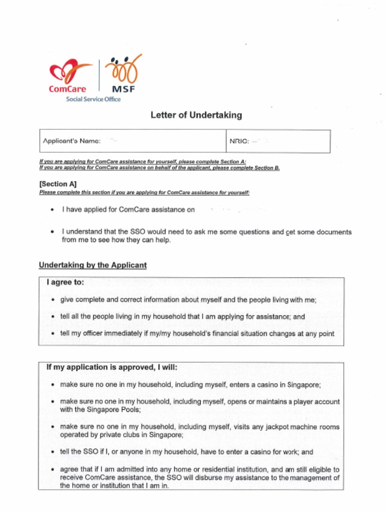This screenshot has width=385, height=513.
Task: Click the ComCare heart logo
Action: [x=69, y=71]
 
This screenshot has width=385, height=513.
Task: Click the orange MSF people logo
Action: [x=123, y=69]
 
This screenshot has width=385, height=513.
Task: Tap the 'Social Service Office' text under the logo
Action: [x=93, y=99]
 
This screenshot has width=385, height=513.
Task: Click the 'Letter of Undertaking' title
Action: [x=196, y=115]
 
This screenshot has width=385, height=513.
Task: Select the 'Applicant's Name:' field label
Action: [x=72, y=141]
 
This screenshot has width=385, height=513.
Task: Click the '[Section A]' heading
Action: [x=58, y=184]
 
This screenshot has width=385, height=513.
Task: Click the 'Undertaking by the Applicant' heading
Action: [x=93, y=265]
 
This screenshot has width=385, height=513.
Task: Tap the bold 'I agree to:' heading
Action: [x=65, y=283]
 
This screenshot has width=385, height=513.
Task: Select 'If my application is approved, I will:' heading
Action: [x=112, y=367]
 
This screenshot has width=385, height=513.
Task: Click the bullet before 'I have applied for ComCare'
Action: [x=53, y=210]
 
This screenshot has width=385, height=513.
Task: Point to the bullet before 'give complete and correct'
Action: [x=53, y=300]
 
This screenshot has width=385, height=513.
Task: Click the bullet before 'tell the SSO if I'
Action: [x=53, y=452]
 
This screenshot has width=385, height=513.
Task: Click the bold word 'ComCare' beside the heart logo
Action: [x=68, y=89]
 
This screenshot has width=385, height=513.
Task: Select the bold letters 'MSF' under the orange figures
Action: [x=123, y=90]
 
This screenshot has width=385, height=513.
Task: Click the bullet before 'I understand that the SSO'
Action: [x=53, y=232]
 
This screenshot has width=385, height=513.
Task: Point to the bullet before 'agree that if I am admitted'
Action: [x=53, y=470]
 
